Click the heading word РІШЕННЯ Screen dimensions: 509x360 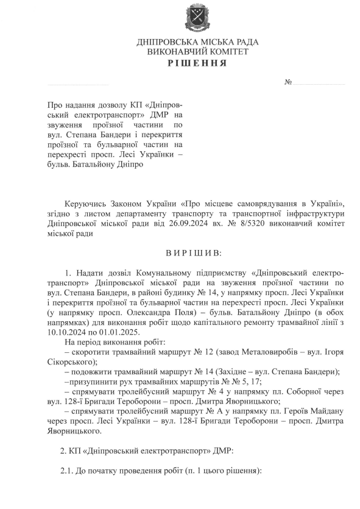198,64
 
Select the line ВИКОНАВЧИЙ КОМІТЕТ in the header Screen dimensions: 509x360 198,53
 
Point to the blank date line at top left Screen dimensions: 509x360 77,84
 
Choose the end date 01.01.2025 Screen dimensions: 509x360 121,332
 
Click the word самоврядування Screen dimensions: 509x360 256,202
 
